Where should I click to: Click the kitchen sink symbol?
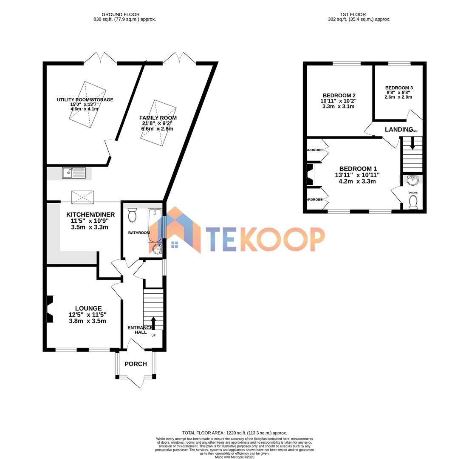pyautogui.click(x=73, y=173)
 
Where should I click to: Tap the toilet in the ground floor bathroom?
pyautogui.click(x=132, y=215)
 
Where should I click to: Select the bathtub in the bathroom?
pyautogui.click(x=155, y=225)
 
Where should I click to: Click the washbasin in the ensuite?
pyautogui.click(x=412, y=181)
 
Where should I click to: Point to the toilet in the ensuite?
pyautogui.click(x=413, y=202)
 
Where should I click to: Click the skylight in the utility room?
pyautogui.click(x=88, y=105)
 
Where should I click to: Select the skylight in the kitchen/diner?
pyautogui.click(x=82, y=197)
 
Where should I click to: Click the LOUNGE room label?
pyautogui.click(x=88, y=308)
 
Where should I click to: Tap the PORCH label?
pyautogui.click(x=136, y=364)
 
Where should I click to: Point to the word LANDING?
pyautogui.click(x=398, y=129)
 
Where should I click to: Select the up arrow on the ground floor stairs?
pyautogui.click(x=153, y=323)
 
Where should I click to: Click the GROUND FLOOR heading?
pyautogui.click(x=121, y=14)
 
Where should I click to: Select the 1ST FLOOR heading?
pyautogui.click(x=353, y=14)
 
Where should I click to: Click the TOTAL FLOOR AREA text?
pyautogui.click(x=234, y=433)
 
